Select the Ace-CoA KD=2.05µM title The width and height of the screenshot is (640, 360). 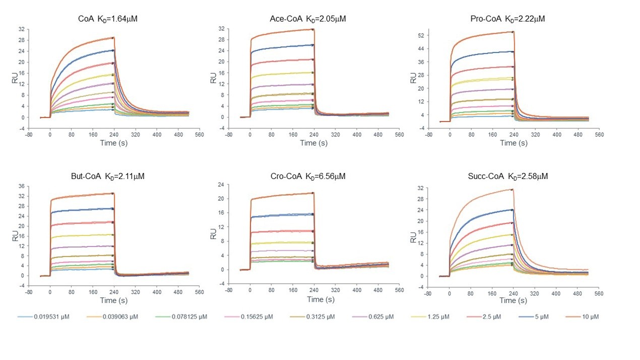(308, 19)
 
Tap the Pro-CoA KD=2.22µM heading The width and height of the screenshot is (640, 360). (507, 19)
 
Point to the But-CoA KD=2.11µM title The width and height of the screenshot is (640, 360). (108, 176)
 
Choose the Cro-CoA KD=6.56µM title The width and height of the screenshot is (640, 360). (308, 176)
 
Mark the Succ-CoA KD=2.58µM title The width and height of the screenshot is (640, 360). (507, 176)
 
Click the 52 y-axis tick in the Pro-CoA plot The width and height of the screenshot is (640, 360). (419, 35)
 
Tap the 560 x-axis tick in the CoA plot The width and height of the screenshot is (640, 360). (199, 135)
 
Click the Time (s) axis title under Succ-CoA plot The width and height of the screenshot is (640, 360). (514, 301)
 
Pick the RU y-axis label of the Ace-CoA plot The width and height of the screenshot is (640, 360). (213, 78)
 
